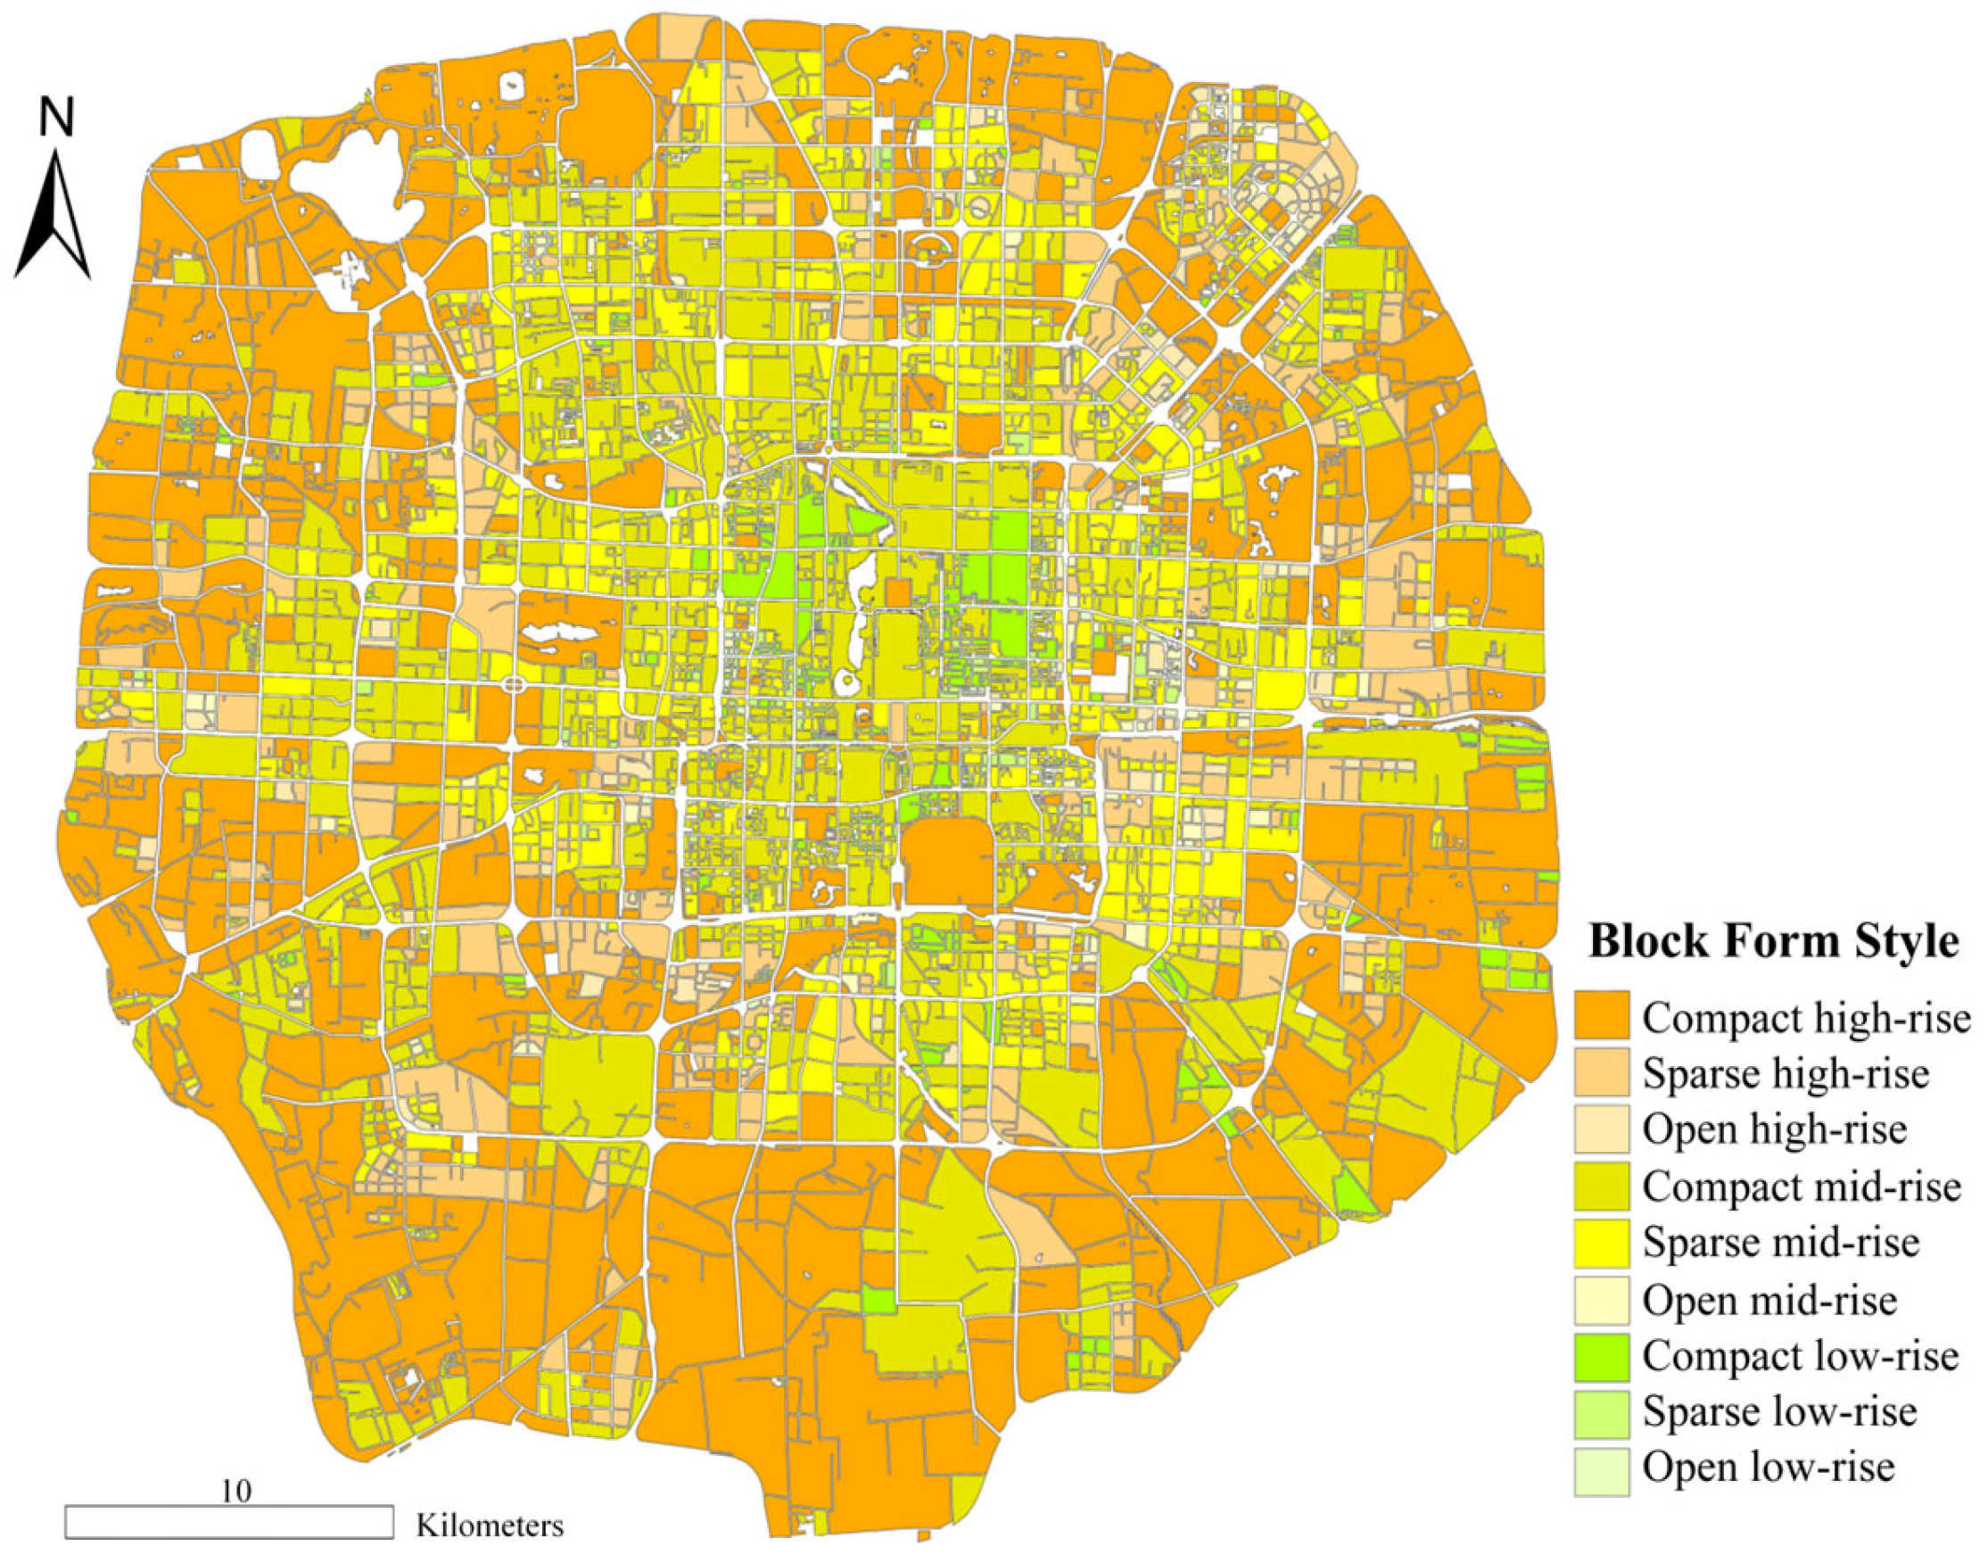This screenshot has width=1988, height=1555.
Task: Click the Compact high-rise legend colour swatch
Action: pyautogui.click(x=1602, y=1015)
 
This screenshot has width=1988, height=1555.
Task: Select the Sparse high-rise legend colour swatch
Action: pyautogui.click(x=1602, y=1071)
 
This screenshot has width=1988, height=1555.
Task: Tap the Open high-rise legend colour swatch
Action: pyautogui.click(x=1602, y=1128)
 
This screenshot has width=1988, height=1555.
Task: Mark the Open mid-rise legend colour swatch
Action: pyautogui.click(x=1602, y=1299)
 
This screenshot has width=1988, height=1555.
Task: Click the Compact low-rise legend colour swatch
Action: pyautogui.click(x=1602, y=1356)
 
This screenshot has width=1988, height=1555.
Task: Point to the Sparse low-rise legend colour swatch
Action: pyautogui.click(x=1602, y=1412)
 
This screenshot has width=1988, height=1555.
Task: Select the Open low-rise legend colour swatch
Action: pyautogui.click(x=1602, y=1468)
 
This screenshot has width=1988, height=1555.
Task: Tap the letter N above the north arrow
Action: pyautogui.click(x=55, y=118)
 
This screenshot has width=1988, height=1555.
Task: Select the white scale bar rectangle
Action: pyautogui.click(x=228, y=1522)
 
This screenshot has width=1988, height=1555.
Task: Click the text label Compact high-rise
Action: pyautogui.click(x=1806, y=1017)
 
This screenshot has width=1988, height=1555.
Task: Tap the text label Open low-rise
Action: pyautogui.click(x=1769, y=1468)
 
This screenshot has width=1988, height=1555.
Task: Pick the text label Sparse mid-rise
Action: pyautogui.click(x=1780, y=1242)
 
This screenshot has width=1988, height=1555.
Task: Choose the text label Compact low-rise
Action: pyautogui.click(x=1800, y=1356)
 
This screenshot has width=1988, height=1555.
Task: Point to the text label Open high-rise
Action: pyautogui.click(x=1774, y=1129)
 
